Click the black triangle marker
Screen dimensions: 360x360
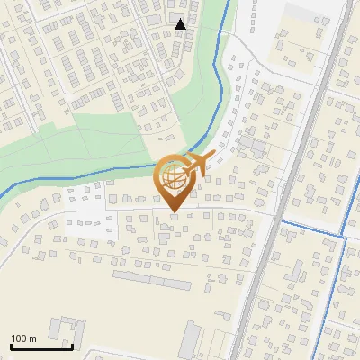click(x=181, y=24)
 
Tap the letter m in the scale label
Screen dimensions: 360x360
click(x=34, y=338)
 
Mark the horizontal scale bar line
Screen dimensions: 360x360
click(x=41, y=346)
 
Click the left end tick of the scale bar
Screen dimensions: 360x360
click(x=11, y=345)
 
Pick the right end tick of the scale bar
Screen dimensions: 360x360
click(x=72, y=345)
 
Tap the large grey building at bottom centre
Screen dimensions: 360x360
click(x=191, y=339)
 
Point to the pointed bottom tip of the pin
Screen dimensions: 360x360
click(x=175, y=211)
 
